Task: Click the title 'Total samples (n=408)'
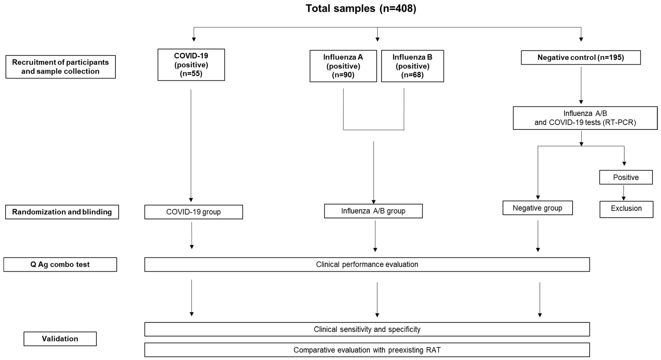coord(361,9)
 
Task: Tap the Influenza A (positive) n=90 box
coord(343,66)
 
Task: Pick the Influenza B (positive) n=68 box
coord(412,66)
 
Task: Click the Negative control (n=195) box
coord(580,57)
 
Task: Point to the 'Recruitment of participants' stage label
coord(60,67)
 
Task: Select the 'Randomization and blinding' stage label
coord(62,212)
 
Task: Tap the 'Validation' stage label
coord(60,339)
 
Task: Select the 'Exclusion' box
coord(626,209)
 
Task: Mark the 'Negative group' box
coord(537,208)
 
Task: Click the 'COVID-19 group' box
coord(194,212)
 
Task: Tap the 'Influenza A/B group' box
coord(373,211)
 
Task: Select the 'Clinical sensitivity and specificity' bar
coord(367,329)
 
